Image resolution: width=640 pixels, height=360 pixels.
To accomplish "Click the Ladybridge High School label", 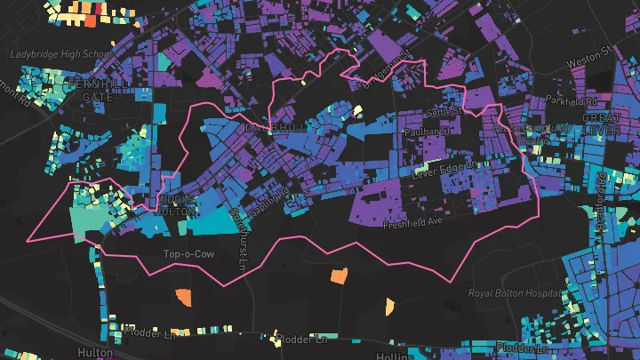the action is click(x=61, y=54).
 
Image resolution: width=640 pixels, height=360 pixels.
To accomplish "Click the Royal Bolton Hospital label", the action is click(x=516, y=292).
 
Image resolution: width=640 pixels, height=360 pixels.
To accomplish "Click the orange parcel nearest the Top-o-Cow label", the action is click(x=183, y=296).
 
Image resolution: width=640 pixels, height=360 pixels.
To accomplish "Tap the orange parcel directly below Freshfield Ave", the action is click(x=339, y=276).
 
